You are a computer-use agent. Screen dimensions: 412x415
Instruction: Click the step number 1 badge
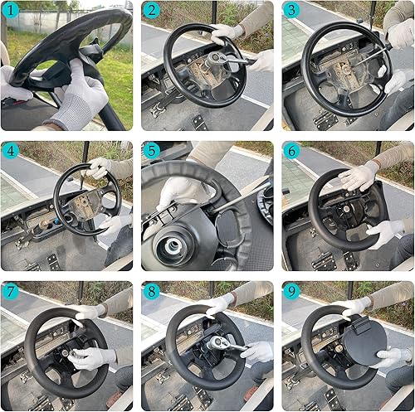click(12, 12)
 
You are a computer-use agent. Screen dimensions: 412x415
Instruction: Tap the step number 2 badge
click(151, 12)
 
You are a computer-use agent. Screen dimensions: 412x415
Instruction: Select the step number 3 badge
click(291, 12)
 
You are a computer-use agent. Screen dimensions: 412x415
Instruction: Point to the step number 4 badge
click(12, 151)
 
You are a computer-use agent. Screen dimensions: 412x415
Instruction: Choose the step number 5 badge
click(151, 151)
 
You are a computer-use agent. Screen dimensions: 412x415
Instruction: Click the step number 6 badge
click(291, 151)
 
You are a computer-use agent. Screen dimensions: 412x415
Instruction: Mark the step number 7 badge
click(12, 291)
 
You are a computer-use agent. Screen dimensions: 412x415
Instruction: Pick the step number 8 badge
click(151, 291)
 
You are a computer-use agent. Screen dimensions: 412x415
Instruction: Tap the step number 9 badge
click(291, 291)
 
